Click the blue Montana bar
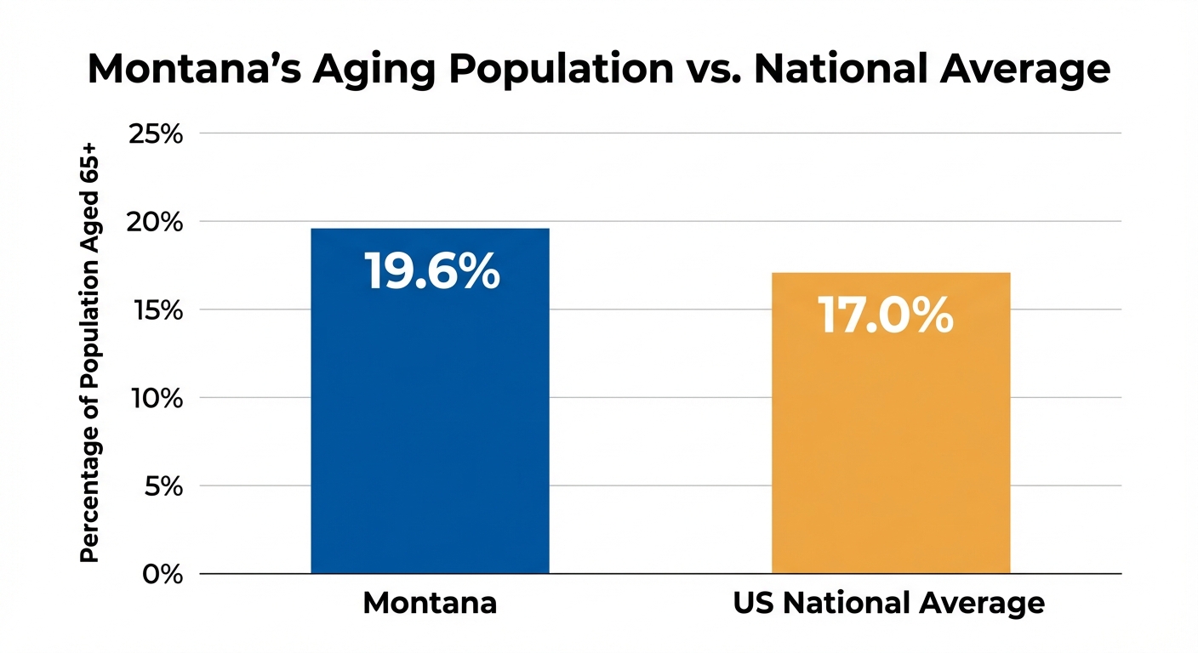pyautogui.click(x=430, y=425)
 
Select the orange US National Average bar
pyautogui.click(x=890, y=442)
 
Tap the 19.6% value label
pyautogui.click(x=431, y=271)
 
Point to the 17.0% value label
pyautogui.click(x=885, y=315)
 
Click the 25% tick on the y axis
pyautogui.click(x=155, y=133)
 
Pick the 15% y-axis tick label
pyautogui.click(x=155, y=310)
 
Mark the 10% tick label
pyautogui.click(x=155, y=398)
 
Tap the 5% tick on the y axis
pyautogui.click(x=162, y=486)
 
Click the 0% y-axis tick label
pyautogui.click(x=162, y=574)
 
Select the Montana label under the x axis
pyautogui.click(x=430, y=604)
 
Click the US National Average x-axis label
pyautogui.click(x=888, y=604)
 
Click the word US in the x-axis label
pyautogui.click(x=752, y=604)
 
